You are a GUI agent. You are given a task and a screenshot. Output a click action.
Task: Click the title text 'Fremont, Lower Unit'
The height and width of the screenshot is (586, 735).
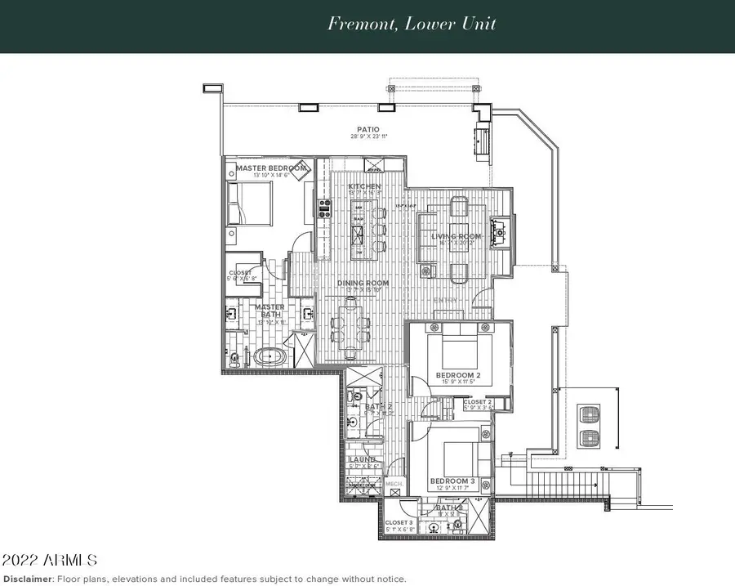click(x=412, y=23)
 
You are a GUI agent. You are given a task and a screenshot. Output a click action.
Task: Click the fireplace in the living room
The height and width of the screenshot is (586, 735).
click(x=500, y=230)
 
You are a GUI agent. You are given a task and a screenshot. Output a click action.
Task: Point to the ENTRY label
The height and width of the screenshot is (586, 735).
click(x=445, y=300)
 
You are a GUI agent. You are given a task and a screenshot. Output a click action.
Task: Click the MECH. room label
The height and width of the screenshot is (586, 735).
click(x=393, y=484)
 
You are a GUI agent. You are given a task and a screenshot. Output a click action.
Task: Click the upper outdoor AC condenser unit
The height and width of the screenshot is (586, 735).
click(x=588, y=413)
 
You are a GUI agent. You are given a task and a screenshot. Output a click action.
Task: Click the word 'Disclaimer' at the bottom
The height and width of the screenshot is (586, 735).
click(x=26, y=579)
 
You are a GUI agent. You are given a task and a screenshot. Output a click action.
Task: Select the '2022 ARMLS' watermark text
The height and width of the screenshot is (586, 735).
click(x=50, y=561)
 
